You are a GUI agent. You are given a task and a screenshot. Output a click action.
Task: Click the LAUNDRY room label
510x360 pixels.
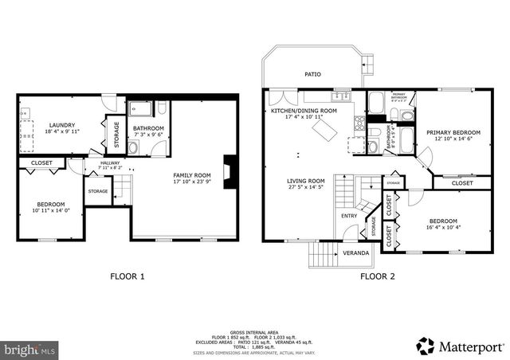click(62, 125)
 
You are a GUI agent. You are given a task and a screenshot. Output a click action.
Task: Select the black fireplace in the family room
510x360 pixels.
click(229, 171)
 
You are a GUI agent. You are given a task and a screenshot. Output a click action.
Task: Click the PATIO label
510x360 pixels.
click(313, 75)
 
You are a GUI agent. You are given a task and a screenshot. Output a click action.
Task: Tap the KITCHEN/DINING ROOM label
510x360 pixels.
click(304, 111)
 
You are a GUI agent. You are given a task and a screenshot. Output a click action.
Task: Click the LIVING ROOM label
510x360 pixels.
click(306, 181)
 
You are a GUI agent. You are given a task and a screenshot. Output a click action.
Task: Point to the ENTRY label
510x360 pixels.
click(349, 216)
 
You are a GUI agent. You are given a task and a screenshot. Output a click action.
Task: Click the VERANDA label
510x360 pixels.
click(356, 253)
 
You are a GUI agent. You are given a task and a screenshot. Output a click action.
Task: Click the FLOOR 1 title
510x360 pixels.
click(127, 277)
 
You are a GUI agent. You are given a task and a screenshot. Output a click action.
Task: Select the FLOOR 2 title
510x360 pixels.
click(377, 277)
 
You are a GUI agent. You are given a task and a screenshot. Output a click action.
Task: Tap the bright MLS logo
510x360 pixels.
click(29, 349)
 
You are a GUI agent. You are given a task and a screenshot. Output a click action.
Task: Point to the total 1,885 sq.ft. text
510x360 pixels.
click(255, 345)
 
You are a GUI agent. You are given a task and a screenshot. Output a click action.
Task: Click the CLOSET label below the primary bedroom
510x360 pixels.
click(462, 183)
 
